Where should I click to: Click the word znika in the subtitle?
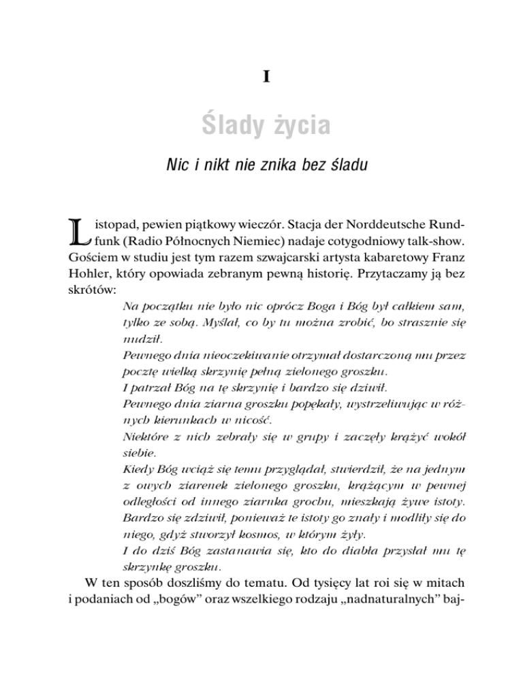273,166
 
